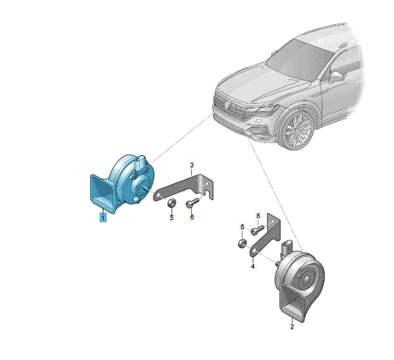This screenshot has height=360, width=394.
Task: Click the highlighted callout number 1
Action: click(x=103, y=217)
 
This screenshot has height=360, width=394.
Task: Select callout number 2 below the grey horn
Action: click(x=292, y=327)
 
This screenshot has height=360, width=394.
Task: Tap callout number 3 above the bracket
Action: click(x=192, y=165)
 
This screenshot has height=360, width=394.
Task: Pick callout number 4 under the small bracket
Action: click(x=253, y=266)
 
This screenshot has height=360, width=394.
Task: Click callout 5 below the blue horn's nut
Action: click(x=171, y=217)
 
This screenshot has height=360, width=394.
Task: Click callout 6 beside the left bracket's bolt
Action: click(x=192, y=217)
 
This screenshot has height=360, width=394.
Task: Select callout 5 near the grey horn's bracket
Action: click(x=242, y=227)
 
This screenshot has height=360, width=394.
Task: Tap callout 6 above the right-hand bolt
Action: click(x=258, y=215)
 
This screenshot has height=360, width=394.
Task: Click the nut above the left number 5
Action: click(x=171, y=203)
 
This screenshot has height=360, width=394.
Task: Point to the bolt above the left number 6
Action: click(x=193, y=203)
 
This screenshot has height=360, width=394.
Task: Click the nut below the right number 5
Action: click(x=242, y=244)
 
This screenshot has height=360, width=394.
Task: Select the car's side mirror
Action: click(x=337, y=77)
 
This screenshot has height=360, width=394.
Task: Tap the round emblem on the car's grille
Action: click(x=227, y=105)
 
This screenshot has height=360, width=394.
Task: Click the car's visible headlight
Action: click(x=263, y=109)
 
